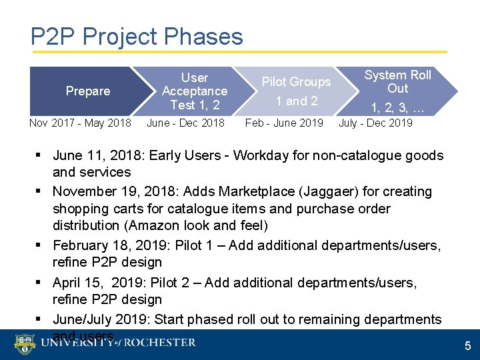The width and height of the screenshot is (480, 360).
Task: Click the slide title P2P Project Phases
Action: click(x=137, y=36)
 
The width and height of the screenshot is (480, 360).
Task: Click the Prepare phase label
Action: click(x=87, y=91)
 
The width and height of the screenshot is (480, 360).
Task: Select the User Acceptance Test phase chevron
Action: click(x=194, y=91)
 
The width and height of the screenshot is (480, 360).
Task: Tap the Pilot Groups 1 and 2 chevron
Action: click(x=296, y=91)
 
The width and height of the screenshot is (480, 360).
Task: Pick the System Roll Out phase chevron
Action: click(x=397, y=91)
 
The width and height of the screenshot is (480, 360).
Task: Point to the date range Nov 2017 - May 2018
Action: click(x=80, y=123)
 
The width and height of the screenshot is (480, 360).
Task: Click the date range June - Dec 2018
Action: click(x=185, y=123)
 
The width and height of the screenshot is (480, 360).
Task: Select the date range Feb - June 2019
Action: click(x=284, y=123)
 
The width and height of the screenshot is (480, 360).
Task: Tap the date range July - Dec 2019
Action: click(x=375, y=123)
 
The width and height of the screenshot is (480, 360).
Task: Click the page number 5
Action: click(x=467, y=346)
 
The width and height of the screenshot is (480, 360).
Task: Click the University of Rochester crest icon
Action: click(x=25, y=344)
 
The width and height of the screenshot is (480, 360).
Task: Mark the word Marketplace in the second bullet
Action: click(x=256, y=192)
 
